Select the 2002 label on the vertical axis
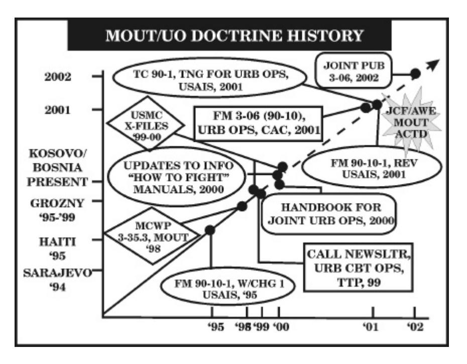pos(57,77)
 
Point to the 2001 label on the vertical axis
pos(57,110)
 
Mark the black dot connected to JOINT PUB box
pos(415,74)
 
